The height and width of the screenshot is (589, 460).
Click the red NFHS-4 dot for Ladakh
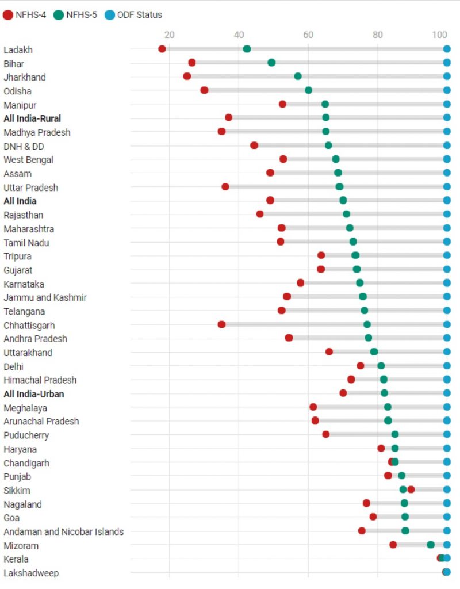(162, 49)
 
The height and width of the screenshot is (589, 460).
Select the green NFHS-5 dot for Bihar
(271, 63)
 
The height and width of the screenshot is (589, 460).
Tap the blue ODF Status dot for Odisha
(447, 90)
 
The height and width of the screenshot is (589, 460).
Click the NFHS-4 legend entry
(25, 15)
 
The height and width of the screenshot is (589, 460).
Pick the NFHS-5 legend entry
(76, 15)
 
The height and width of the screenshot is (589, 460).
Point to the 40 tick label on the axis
(239, 35)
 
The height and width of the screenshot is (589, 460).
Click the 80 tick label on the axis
(378, 35)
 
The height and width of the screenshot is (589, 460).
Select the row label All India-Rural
(32, 118)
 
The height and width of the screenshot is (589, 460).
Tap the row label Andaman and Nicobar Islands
(63, 531)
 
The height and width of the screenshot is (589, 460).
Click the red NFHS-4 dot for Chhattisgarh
(221, 324)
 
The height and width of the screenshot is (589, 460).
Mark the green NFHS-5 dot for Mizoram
(431, 545)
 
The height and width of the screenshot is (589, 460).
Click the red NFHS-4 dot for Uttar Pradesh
(225, 187)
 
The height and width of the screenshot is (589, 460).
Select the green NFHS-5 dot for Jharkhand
(298, 77)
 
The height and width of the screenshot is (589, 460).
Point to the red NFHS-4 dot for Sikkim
(411, 489)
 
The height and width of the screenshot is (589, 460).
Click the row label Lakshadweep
(31, 573)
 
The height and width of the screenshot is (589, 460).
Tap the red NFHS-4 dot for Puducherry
(326, 434)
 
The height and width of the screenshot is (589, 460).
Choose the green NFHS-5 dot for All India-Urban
(384, 393)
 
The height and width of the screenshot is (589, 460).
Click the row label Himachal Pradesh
(40, 380)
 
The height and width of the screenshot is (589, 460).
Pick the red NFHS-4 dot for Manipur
(282, 104)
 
